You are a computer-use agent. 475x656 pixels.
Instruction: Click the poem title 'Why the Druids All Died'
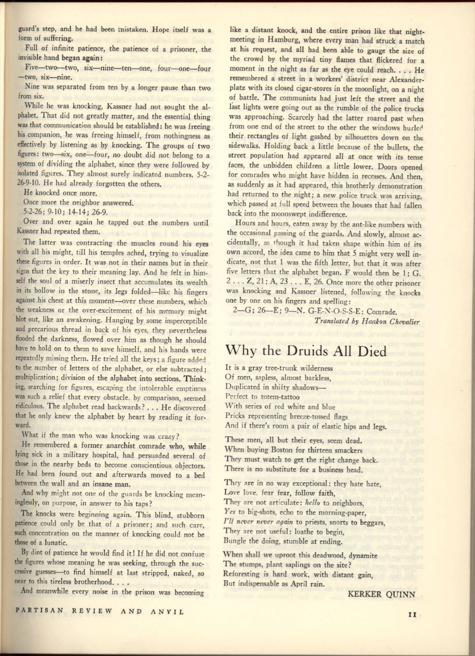305,351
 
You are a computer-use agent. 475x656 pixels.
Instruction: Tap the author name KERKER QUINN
381,594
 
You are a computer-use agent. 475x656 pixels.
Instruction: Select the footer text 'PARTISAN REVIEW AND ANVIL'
99,612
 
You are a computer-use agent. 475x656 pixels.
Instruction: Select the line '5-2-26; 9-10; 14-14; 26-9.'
65,212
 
